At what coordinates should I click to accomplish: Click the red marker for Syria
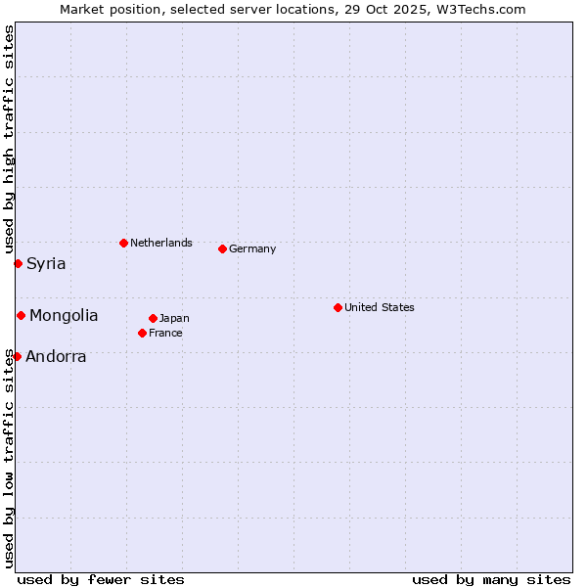point(18,263)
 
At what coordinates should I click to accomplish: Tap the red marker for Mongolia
point(21,315)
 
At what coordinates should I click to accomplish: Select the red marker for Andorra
point(17,356)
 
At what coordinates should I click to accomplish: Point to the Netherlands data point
point(123,243)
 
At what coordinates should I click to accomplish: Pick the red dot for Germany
point(222,248)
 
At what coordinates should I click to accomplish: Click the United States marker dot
point(338,307)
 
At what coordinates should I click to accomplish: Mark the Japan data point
point(153,318)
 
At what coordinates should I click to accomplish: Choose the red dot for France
point(142,333)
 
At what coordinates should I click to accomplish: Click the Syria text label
point(46,263)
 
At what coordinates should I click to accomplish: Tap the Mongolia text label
point(64,315)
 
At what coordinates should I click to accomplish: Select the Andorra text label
point(56,356)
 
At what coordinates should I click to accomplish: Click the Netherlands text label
point(160,243)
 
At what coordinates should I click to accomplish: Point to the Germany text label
point(252,248)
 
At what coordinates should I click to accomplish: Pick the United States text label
point(379,307)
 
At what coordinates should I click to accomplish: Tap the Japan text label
point(174,318)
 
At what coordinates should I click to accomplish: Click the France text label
point(165,333)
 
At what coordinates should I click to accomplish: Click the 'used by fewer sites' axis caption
point(101,579)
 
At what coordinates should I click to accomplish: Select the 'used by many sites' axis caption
point(491,579)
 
